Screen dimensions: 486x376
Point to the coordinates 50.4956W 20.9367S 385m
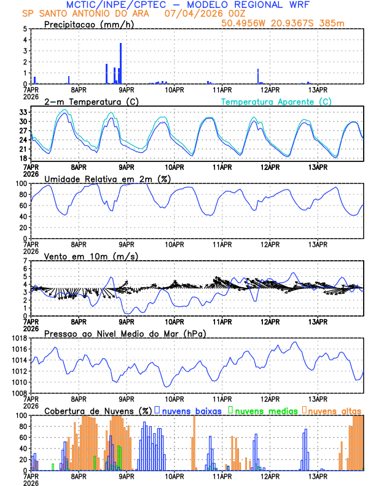(292, 23)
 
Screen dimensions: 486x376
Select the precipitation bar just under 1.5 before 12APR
(258, 76)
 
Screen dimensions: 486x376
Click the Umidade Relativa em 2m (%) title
(108, 179)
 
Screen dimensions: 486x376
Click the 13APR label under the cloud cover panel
(317, 476)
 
